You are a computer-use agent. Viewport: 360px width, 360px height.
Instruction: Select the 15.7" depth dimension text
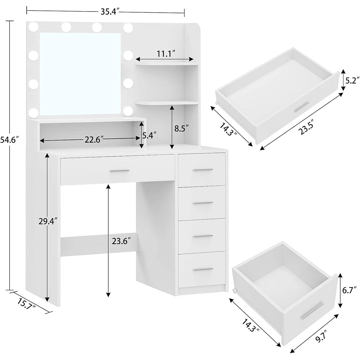(26, 306)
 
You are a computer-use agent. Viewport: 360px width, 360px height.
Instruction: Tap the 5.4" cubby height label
(149, 136)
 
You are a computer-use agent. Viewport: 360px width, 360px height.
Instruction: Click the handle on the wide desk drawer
(119, 171)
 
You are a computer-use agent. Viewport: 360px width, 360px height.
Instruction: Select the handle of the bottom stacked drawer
(203, 269)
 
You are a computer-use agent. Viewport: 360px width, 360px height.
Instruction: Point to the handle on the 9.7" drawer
(312, 310)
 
